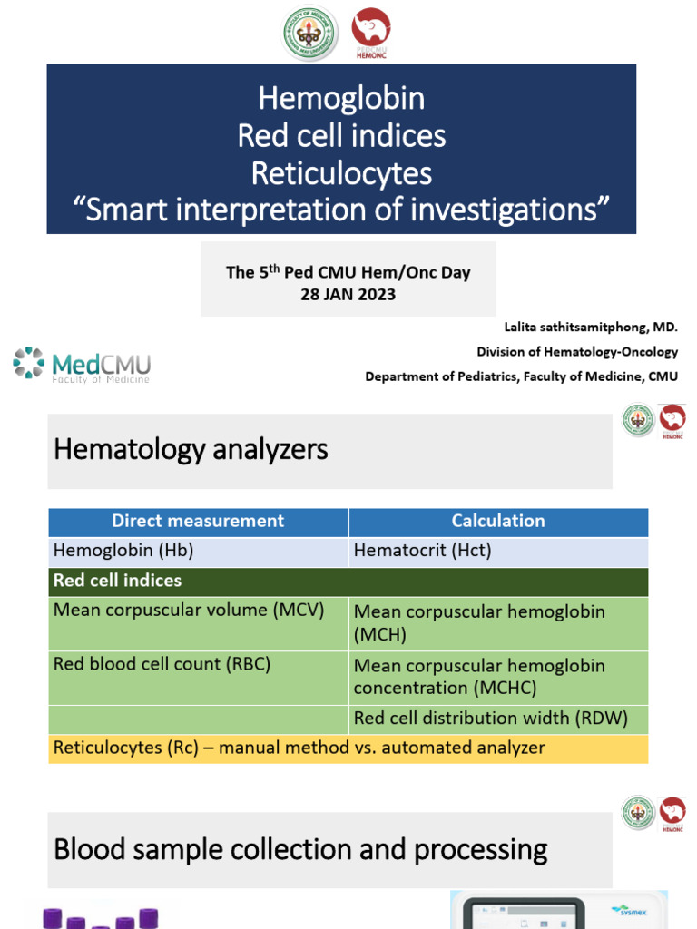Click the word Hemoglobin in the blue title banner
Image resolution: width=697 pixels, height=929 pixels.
pyautogui.click(x=341, y=98)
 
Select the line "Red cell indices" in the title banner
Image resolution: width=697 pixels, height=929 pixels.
pyautogui.click(x=341, y=136)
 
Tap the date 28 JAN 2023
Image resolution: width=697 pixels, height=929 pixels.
pyautogui.click(x=348, y=294)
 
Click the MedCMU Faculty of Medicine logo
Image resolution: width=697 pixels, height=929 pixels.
pyautogui.click(x=82, y=365)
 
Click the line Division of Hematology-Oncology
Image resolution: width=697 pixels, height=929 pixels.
pyautogui.click(x=577, y=352)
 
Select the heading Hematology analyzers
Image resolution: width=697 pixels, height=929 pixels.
pyautogui.click(x=191, y=448)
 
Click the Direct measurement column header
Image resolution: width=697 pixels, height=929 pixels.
pyautogui.click(x=198, y=521)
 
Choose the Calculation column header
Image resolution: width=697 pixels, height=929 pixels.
pyautogui.click(x=498, y=521)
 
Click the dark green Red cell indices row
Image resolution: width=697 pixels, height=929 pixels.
pyautogui.click(x=348, y=581)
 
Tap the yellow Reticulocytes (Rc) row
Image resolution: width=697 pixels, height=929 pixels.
pyautogui.click(x=299, y=748)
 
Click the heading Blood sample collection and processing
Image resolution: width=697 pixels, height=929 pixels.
pyautogui.click(x=300, y=850)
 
